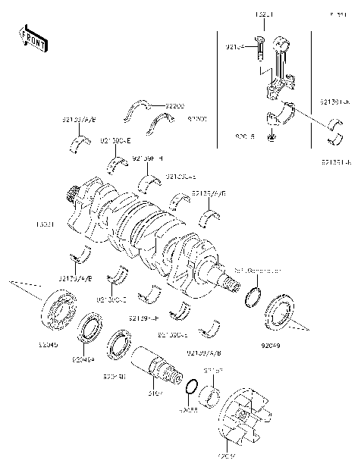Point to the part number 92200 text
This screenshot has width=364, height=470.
(175, 105)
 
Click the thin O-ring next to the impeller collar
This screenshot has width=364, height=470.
(193, 390)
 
